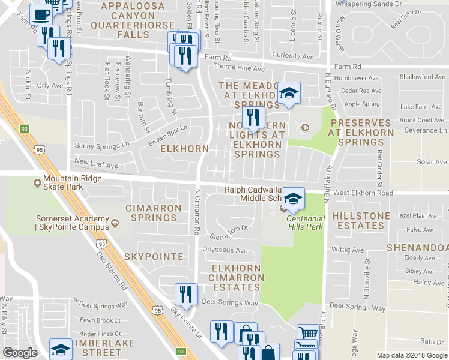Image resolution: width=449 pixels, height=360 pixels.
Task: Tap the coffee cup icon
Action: click(41, 14)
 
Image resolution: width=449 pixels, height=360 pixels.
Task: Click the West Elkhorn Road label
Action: click(363, 193)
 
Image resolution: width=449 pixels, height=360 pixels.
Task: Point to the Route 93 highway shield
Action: click(25, 129)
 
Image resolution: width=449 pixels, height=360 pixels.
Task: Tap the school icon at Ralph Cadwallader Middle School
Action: click(293, 199)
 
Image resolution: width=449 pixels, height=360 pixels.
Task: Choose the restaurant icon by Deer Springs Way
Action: click(186, 294)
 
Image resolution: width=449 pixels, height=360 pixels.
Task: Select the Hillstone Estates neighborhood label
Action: click(358, 220)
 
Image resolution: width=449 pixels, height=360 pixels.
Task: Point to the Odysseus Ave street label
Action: click(224, 250)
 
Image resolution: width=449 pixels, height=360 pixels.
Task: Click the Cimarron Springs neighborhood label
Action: click(153, 212)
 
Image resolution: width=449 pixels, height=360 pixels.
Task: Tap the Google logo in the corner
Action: click(20, 353)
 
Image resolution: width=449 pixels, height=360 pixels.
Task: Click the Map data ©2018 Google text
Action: click(412, 355)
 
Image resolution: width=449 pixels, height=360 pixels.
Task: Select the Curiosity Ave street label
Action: click(293, 57)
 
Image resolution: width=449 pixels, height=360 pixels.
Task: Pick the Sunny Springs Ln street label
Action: click(101, 145)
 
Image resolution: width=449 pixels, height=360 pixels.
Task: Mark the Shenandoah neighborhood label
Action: click(417, 248)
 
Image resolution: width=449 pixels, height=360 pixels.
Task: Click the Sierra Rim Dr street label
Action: click(229, 229)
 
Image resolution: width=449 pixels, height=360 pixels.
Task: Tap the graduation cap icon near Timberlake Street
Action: click(61, 349)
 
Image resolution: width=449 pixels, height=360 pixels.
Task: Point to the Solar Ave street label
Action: click(432, 162)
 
